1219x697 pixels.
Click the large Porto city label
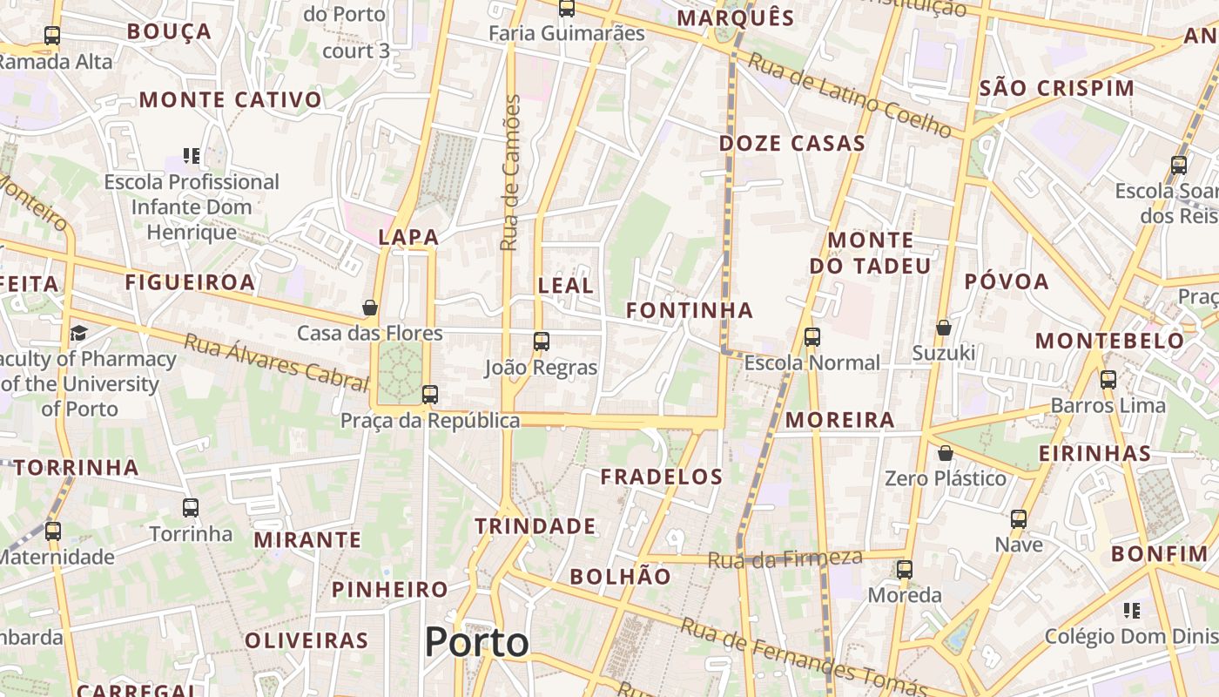pyautogui.click(x=476, y=643)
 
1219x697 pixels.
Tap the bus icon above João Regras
pyautogui.click(x=542, y=341)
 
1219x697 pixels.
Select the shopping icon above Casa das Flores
pyautogui.click(x=370, y=308)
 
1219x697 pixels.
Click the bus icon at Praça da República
pyautogui.click(x=429, y=394)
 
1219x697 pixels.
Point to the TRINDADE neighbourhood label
pyautogui.click(x=535, y=526)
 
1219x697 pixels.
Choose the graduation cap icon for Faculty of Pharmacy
pyautogui.click(x=79, y=333)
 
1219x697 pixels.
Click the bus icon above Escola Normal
pyautogui.click(x=812, y=336)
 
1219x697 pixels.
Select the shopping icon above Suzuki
pyautogui.click(x=943, y=328)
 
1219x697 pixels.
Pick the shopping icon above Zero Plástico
pyautogui.click(x=945, y=453)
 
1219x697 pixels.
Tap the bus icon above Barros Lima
pyautogui.click(x=1108, y=380)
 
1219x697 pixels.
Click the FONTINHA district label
pyautogui.click(x=690, y=310)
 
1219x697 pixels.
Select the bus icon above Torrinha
pyautogui.click(x=191, y=507)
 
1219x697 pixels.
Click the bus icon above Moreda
pyautogui.click(x=905, y=570)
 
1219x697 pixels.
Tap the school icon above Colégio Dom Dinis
pyautogui.click(x=1131, y=610)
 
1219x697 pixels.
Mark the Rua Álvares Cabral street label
pyautogui.click(x=277, y=362)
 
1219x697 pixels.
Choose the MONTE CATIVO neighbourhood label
pyautogui.click(x=231, y=100)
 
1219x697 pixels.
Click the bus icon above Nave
pyautogui.click(x=1019, y=519)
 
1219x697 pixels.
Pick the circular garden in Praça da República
pyautogui.click(x=401, y=372)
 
